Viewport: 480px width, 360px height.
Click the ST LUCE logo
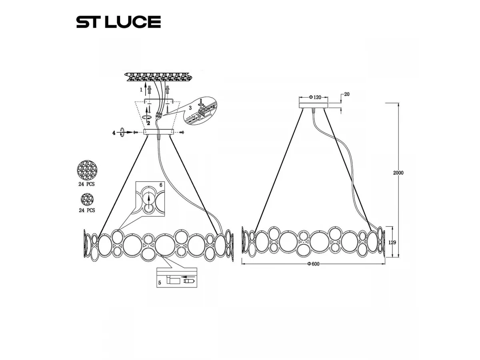tap(118, 22)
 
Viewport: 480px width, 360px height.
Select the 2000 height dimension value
tap(398, 173)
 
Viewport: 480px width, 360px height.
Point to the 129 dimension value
tap(392, 242)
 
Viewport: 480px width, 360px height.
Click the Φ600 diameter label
tap(313, 264)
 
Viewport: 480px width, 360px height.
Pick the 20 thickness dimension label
tap(347, 94)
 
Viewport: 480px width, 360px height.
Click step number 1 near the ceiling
tap(141, 90)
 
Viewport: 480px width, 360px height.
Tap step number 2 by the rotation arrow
tap(149, 123)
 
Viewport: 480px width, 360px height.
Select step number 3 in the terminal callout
tap(190, 108)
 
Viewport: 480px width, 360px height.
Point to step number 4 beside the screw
tap(114, 133)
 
